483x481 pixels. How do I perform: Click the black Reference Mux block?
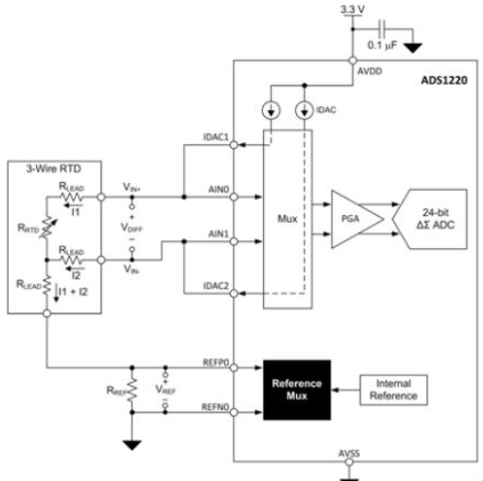pyautogui.click(x=297, y=389)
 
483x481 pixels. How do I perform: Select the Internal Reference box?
pyautogui.click(x=393, y=389)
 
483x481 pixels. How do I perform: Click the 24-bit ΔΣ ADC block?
pyautogui.click(x=430, y=219)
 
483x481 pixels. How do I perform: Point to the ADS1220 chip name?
pyautogui.click(x=444, y=80)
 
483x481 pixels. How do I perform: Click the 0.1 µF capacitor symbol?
pyautogui.click(x=382, y=29)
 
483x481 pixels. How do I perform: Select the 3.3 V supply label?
pyautogui.click(x=353, y=10)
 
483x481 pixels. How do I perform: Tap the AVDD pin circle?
pyautogui.click(x=353, y=60)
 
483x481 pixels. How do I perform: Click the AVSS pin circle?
pyautogui.click(x=349, y=462)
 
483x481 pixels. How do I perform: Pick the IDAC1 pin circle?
pyautogui.click(x=234, y=145)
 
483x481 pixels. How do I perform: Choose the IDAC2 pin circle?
pyautogui.click(x=234, y=293)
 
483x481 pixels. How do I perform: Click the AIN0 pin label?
pyautogui.click(x=219, y=189)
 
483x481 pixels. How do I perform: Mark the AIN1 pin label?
pyautogui.click(x=218, y=234)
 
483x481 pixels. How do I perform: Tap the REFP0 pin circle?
pyautogui.click(x=234, y=368)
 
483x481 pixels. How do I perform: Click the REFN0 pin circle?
pyautogui.click(x=234, y=412)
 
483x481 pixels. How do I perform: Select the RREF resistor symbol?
pyautogui.click(x=132, y=389)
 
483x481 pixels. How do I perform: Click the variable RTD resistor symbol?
pyautogui.click(x=48, y=228)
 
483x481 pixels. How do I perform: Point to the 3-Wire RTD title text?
pyautogui.click(x=54, y=168)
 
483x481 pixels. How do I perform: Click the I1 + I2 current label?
pyautogui.click(x=73, y=292)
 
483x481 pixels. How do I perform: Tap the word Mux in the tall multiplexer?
pyautogui.click(x=287, y=219)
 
